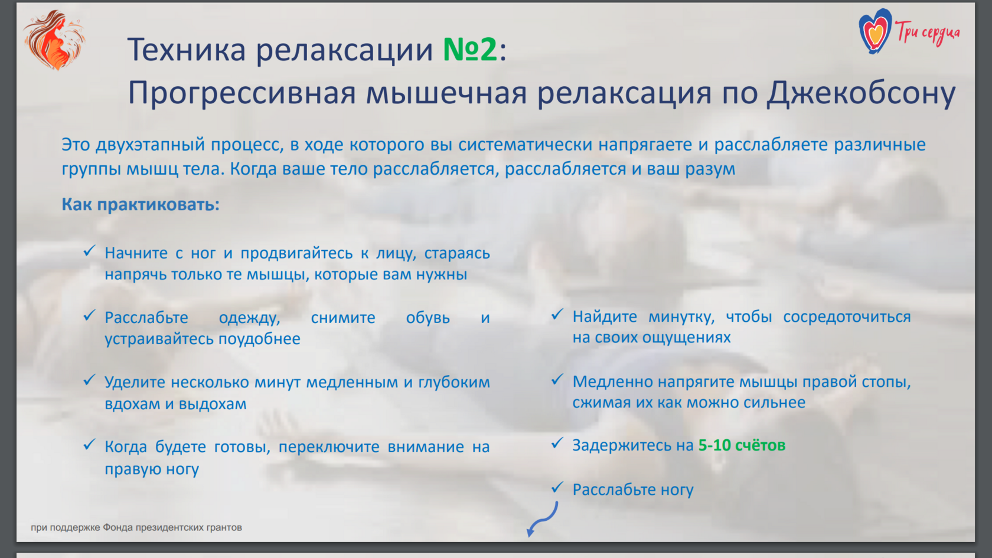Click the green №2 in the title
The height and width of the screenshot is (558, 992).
[x=470, y=49]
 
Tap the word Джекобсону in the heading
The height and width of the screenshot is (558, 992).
[x=861, y=94]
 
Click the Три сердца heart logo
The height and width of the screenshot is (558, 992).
[x=909, y=31]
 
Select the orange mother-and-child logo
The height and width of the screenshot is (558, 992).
[x=54, y=40]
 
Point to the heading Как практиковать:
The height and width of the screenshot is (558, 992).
[x=141, y=204]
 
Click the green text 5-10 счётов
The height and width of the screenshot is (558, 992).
[x=742, y=445]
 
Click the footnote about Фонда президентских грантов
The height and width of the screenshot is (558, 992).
[x=136, y=527]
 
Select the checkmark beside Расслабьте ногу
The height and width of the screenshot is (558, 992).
[x=557, y=488]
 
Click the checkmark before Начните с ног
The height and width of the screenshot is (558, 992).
[x=90, y=251]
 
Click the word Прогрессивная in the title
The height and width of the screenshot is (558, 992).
[x=242, y=94]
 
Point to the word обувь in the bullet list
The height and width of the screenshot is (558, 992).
[x=428, y=318]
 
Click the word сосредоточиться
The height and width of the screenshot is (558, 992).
[x=847, y=317]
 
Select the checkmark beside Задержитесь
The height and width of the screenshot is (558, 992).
[x=557, y=443]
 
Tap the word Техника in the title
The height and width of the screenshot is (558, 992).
[x=187, y=49]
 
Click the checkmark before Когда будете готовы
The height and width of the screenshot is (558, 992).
[x=90, y=444]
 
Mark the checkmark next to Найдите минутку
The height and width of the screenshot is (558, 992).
[x=557, y=314]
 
